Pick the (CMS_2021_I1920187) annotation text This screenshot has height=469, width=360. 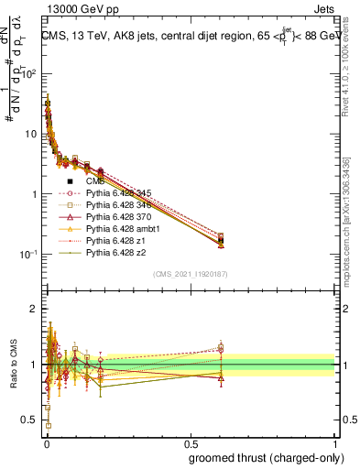tap(190, 274)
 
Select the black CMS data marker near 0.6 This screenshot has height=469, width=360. tap(221, 241)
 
